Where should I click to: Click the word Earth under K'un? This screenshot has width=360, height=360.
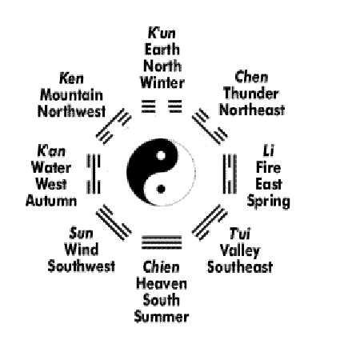pos(162,50)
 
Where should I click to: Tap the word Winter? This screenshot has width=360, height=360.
pos(162,82)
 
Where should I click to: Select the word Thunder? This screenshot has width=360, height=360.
pos(251,94)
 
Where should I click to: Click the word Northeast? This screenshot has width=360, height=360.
pos(252,110)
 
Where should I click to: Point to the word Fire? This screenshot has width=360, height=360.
pos(268,168)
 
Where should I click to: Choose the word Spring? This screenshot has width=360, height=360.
pos(269,202)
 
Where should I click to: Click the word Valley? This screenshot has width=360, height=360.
pos(240,251)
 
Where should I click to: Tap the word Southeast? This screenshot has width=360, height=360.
pos(240,267)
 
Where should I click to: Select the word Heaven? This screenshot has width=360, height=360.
pos(162,284)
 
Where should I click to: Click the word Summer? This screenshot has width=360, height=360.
pos(162,317)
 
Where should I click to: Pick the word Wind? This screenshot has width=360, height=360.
pos(82,250)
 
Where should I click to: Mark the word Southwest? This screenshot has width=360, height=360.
pos(82,266)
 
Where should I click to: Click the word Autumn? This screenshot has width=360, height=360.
pos(51,201)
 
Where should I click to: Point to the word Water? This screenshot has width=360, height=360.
pos(51,168)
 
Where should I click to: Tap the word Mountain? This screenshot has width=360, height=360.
pos(71,95)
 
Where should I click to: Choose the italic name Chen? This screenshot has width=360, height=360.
pos(251,77)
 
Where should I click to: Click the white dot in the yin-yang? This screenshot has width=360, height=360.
pos(161,155)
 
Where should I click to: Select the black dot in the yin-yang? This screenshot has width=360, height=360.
pos(161,189)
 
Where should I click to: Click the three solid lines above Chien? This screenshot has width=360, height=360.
pos(162,242)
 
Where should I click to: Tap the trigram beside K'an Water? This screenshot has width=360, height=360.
pos(94,174)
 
